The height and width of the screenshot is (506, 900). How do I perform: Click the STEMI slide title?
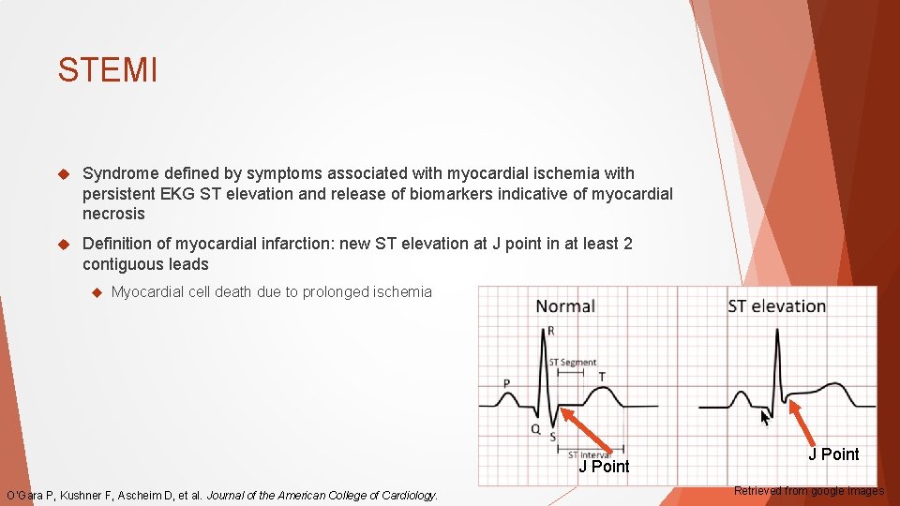click(107, 70)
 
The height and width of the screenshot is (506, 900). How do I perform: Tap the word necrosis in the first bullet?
click(113, 214)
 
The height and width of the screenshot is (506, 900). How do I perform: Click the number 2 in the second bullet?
click(627, 244)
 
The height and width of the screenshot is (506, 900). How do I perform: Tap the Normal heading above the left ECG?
click(564, 306)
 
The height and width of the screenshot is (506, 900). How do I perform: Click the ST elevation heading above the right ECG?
click(776, 306)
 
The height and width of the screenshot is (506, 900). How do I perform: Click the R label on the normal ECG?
click(550, 331)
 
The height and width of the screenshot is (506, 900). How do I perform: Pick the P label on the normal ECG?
click(507, 383)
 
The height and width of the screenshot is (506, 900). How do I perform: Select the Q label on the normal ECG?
click(535, 429)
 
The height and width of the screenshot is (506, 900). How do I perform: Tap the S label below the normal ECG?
click(553, 437)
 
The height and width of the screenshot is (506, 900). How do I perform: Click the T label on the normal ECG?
click(601, 377)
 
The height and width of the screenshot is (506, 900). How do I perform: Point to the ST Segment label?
click(572, 363)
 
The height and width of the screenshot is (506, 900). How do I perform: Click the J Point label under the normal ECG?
click(604, 467)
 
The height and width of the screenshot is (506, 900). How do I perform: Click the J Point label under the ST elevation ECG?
click(833, 454)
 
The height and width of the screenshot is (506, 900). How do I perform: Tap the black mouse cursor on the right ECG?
click(766, 418)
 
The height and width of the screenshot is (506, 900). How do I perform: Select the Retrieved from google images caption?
click(808, 490)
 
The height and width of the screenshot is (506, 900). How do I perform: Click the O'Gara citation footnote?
click(222, 495)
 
